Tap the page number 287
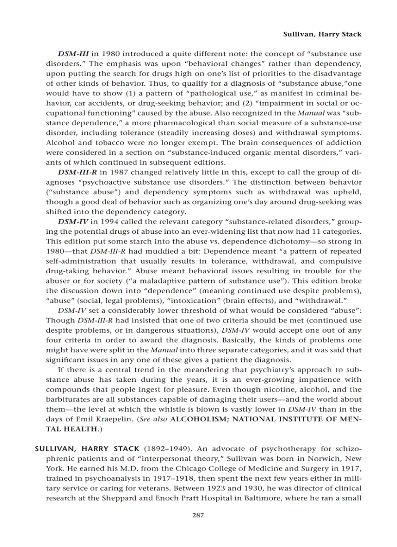(x=198, y=515)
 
